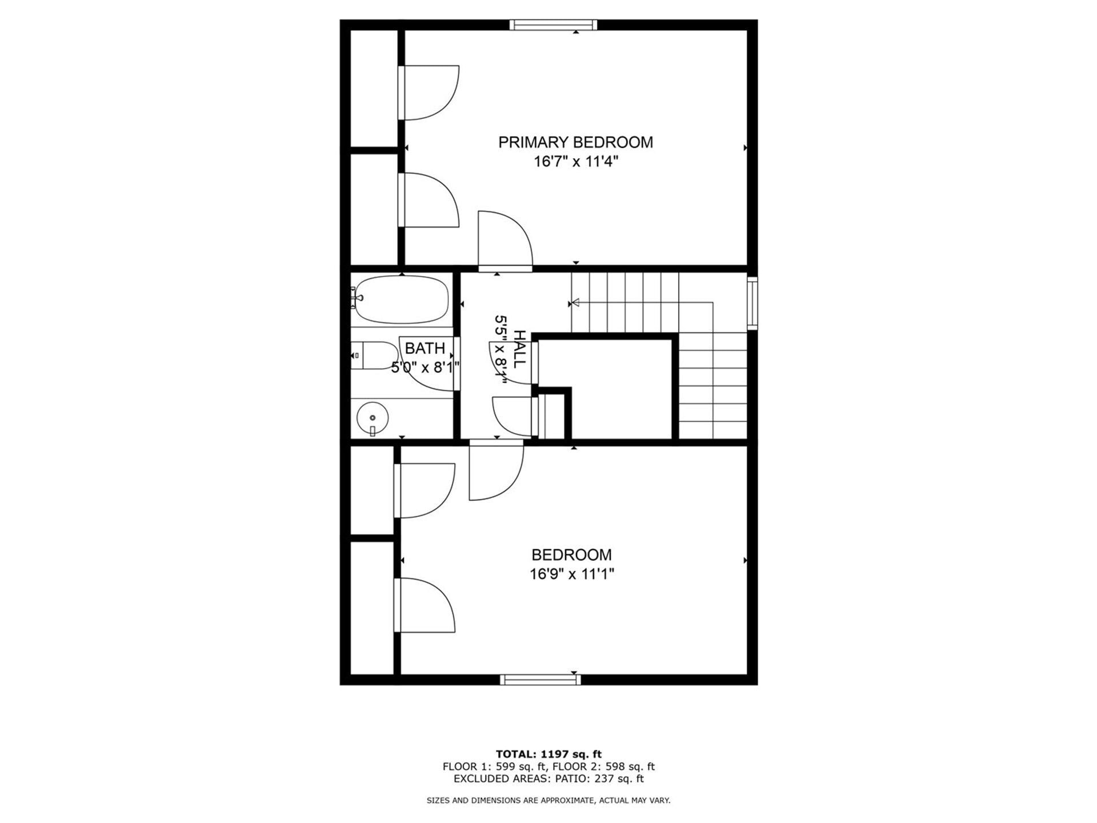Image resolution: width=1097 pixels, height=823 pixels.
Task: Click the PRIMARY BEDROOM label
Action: pyautogui.click(x=575, y=142)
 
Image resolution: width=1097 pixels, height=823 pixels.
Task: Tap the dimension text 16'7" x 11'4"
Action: pyautogui.click(x=576, y=162)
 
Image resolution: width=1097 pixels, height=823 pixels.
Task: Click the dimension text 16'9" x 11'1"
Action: pyautogui.click(x=571, y=574)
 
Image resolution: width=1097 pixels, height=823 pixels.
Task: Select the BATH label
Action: pyautogui.click(x=425, y=348)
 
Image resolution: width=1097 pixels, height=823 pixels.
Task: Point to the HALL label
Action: pyautogui.click(x=519, y=349)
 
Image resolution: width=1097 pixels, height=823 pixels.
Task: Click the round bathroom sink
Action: pyautogui.click(x=372, y=418)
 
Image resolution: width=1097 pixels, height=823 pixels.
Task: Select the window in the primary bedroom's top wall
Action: pyautogui.click(x=553, y=25)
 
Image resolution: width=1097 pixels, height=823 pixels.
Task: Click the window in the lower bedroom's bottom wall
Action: pyautogui.click(x=541, y=680)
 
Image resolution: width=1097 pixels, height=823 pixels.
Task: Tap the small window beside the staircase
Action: pyautogui.click(x=752, y=303)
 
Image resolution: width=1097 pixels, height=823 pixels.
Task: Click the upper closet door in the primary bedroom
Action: pyautogui.click(x=429, y=93)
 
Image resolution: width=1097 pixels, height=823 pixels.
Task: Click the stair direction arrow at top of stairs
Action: pyautogui.click(x=575, y=303)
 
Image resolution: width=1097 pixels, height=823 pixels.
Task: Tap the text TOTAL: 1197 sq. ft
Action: pyautogui.click(x=548, y=754)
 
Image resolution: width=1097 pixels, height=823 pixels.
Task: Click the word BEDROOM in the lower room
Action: pyautogui.click(x=571, y=555)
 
